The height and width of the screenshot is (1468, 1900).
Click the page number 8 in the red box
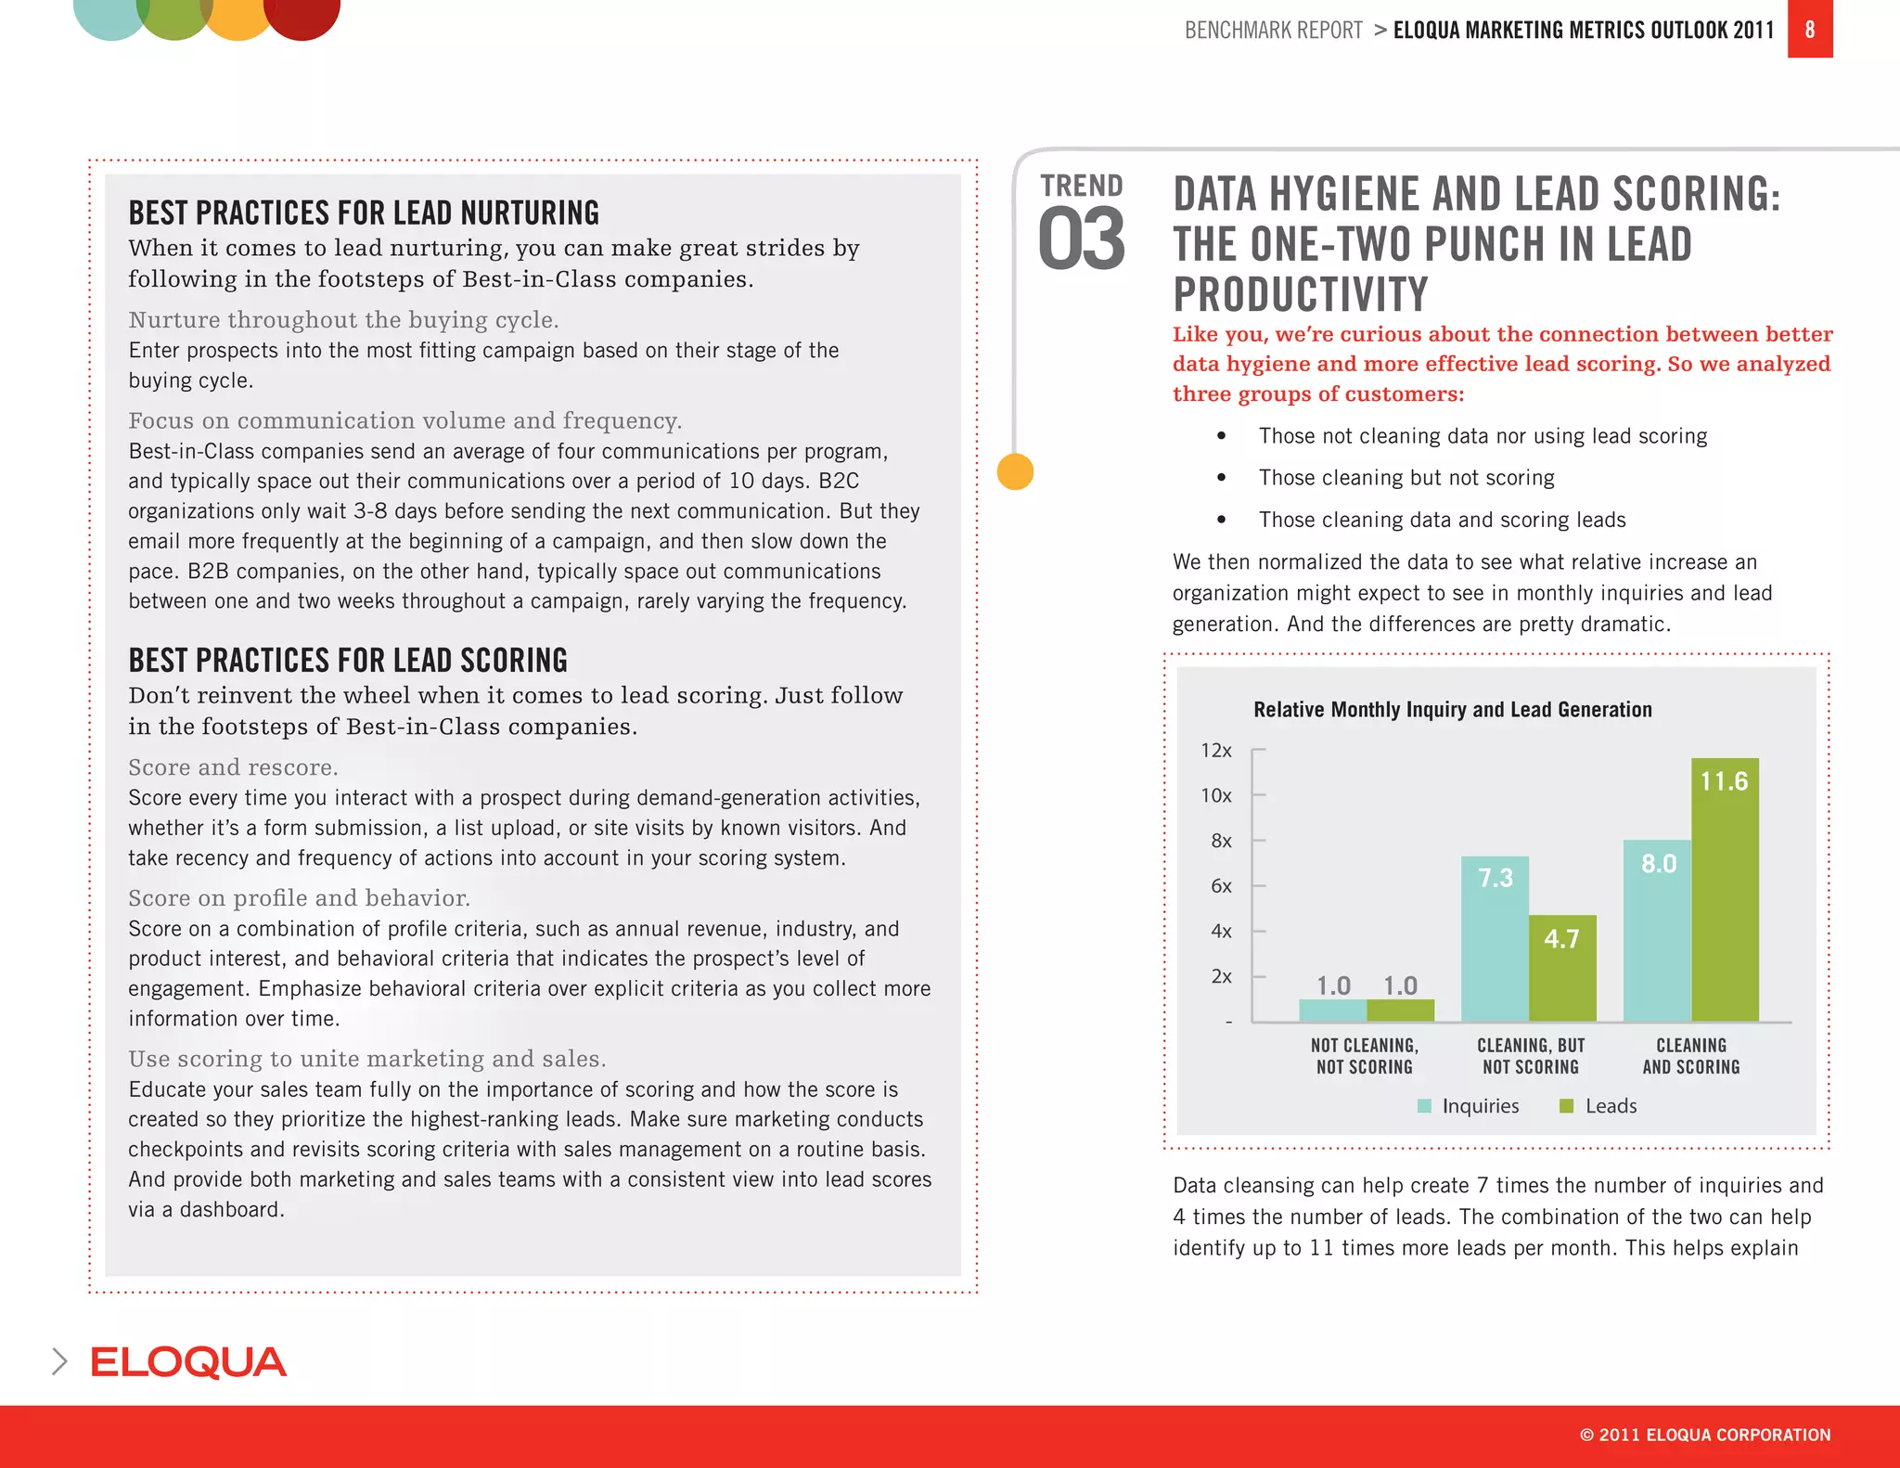[1809, 30]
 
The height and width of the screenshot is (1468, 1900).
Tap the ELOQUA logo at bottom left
[188, 1362]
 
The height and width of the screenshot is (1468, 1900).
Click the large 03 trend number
[1081, 239]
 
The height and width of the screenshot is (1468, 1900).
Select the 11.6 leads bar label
[1724, 781]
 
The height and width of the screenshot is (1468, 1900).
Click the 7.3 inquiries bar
[1495, 937]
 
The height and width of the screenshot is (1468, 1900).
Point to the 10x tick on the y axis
[1216, 795]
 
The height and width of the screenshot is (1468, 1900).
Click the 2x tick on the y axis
[1221, 976]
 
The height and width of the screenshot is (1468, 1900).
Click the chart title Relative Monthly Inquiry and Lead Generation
[1452, 710]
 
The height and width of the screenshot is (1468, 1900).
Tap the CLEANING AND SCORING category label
[1690, 1056]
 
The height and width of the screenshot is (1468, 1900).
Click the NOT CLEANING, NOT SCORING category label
[1364, 1056]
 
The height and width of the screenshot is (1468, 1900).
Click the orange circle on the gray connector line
[1015, 471]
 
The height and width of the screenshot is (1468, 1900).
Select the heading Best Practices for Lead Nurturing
[364, 213]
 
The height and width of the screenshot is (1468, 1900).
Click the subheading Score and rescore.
[233, 767]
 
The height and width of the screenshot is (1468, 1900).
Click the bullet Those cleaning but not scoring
[1406, 478]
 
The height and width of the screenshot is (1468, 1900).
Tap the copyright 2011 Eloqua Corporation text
[1704, 1435]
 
